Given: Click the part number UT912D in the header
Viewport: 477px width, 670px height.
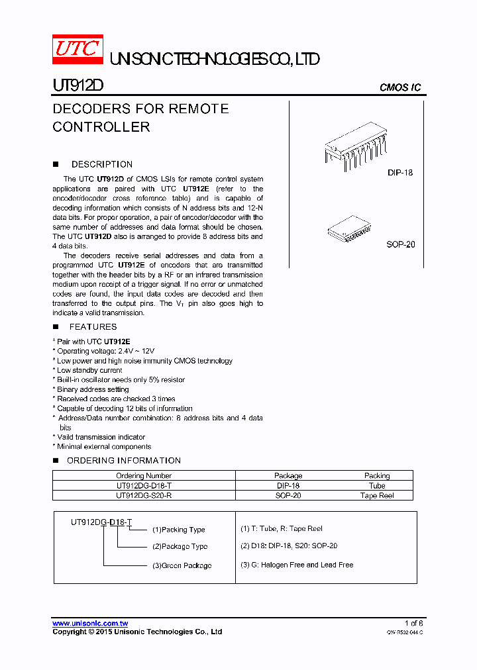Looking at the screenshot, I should tap(78, 86).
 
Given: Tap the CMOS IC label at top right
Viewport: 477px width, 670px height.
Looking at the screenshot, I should tap(399, 87).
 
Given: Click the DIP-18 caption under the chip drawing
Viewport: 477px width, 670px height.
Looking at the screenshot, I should tap(400, 173).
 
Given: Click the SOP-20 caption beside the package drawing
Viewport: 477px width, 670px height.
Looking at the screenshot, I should tap(400, 244).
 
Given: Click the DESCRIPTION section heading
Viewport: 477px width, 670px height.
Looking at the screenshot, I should tap(101, 164).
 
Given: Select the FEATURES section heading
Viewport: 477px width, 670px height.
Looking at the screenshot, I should tap(93, 326).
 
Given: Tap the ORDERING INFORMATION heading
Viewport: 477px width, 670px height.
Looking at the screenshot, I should tap(123, 460).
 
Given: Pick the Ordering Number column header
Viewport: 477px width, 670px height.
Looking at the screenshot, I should tap(144, 475).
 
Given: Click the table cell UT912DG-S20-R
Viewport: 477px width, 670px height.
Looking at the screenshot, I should tap(144, 495).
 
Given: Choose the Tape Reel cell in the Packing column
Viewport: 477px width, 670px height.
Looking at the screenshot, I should tap(377, 495).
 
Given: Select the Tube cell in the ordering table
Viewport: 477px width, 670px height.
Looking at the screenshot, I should tap(377, 485).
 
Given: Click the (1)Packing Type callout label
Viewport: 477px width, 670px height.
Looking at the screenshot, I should tap(179, 530).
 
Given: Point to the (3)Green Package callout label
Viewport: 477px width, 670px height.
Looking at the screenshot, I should tap(182, 565).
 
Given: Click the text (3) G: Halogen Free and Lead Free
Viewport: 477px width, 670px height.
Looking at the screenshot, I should tap(296, 565).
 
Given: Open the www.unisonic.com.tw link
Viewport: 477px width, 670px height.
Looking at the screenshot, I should tap(90, 624).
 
